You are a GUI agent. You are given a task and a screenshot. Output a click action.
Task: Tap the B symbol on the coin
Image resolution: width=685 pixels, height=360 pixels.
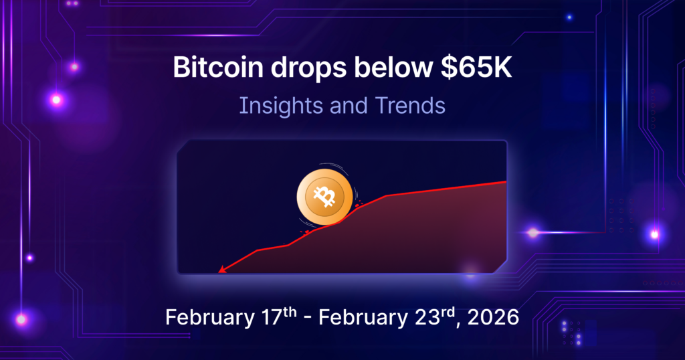(326, 197)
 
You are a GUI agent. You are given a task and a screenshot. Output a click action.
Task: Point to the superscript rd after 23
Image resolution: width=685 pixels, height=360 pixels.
(437, 310)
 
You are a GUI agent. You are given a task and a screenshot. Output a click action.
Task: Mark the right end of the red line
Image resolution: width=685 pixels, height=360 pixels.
(505, 181)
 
